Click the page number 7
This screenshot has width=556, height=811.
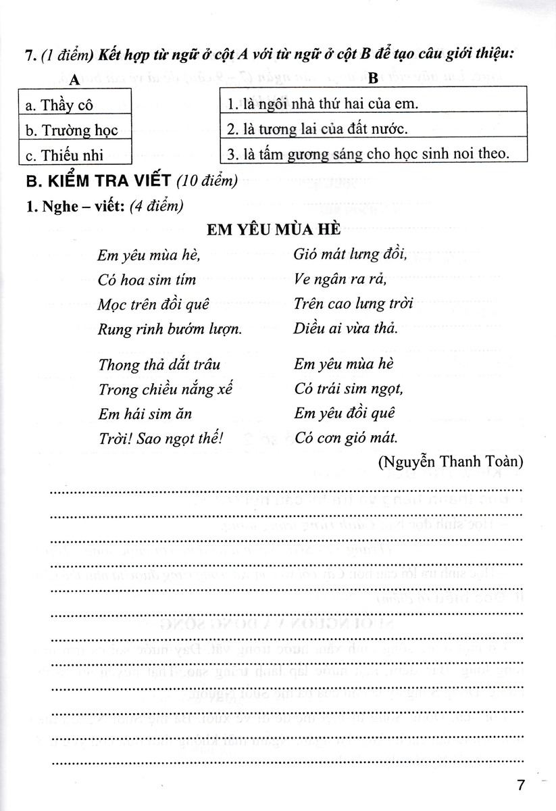click(x=520, y=785)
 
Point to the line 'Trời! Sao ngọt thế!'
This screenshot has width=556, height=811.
click(x=160, y=437)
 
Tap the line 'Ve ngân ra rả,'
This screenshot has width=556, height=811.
click(x=340, y=279)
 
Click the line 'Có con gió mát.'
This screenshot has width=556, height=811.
click(x=345, y=437)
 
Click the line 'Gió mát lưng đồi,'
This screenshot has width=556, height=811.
click(x=350, y=254)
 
